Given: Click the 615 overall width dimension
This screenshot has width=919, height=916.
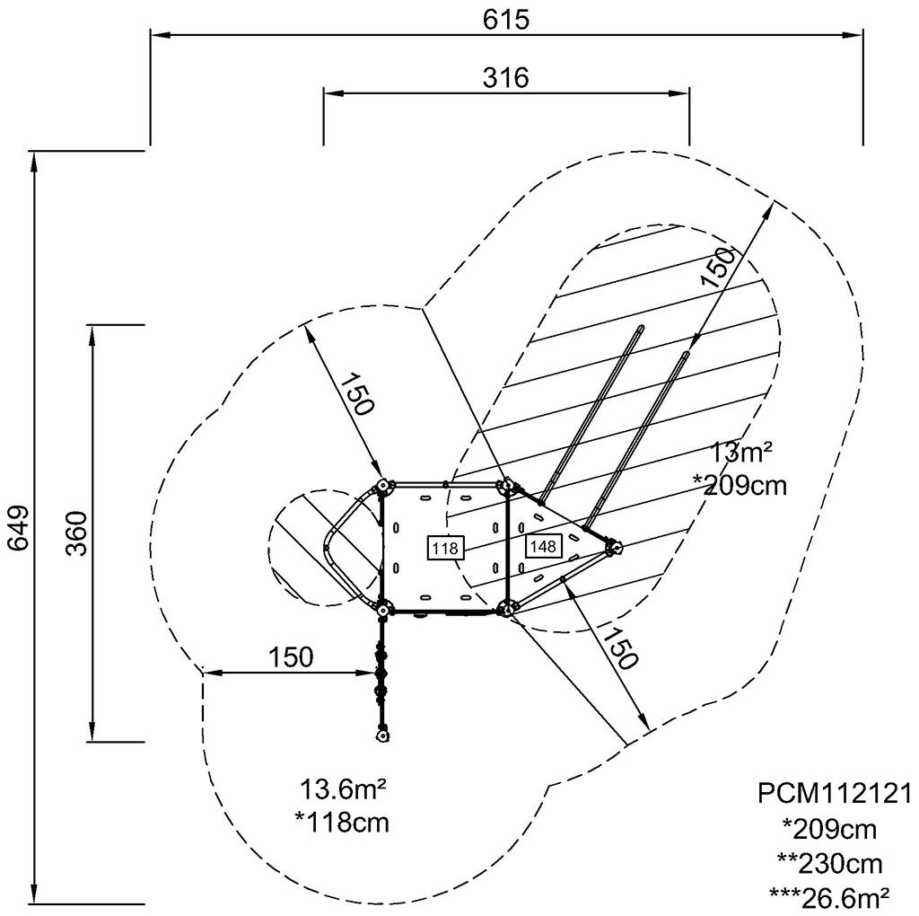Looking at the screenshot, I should [x=506, y=20].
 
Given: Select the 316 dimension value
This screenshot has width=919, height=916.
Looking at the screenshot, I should [x=506, y=77].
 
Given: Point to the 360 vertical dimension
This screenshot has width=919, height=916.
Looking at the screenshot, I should [x=76, y=533].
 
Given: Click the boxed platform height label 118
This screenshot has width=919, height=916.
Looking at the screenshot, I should [x=445, y=547].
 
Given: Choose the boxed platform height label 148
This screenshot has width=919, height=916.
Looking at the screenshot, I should [x=542, y=545].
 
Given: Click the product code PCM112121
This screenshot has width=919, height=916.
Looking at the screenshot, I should [x=835, y=793].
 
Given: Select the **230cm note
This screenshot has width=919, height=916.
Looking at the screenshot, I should [x=829, y=863].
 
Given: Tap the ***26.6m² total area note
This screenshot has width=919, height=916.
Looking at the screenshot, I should [x=829, y=895].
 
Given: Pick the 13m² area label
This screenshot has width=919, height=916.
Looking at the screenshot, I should [x=740, y=451].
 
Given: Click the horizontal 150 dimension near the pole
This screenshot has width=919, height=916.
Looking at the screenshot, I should [x=292, y=656].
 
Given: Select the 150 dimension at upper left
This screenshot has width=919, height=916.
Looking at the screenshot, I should [x=354, y=392].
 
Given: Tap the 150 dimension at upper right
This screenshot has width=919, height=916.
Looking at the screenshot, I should [x=717, y=267].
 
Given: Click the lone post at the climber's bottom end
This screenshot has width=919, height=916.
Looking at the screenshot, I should [x=383, y=735].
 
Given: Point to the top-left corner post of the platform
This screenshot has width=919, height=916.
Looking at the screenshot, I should [x=383, y=486].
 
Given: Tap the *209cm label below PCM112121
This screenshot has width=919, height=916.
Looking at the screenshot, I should [x=829, y=828].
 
